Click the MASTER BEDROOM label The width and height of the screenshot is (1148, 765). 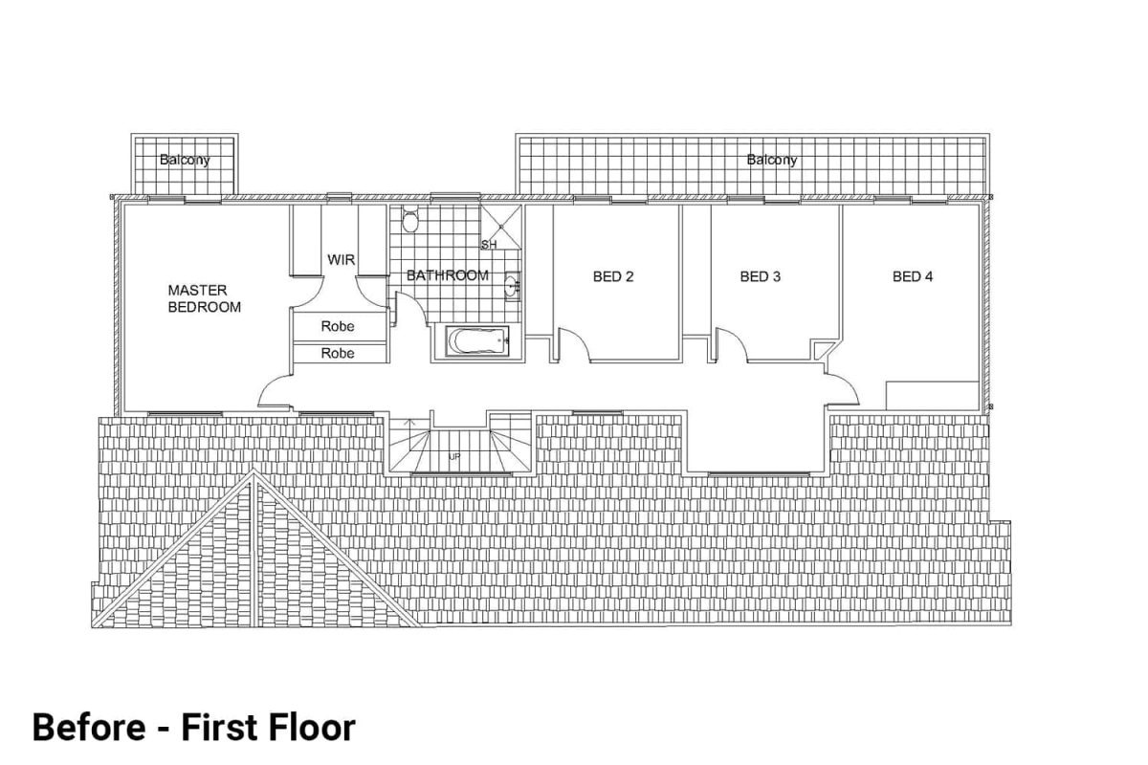(204, 297)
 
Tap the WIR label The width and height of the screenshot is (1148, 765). (342, 260)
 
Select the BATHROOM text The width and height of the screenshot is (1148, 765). (447, 275)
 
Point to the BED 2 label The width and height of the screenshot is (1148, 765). (613, 277)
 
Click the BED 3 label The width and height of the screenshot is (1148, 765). (761, 277)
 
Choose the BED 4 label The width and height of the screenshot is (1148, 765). (912, 277)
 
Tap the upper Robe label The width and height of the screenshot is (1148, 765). (338, 326)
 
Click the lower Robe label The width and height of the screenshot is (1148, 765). (338, 353)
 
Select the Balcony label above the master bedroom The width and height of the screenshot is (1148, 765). (185, 161)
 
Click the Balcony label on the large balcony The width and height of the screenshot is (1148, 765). (771, 161)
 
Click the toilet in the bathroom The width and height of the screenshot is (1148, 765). (410, 222)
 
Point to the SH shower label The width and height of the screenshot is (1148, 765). (489, 245)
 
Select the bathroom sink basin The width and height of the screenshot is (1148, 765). (512, 285)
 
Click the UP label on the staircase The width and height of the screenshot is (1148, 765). (454, 457)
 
